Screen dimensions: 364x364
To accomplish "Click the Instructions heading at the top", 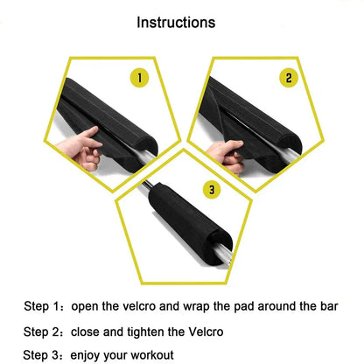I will pos(182,21).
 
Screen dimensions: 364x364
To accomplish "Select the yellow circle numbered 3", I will pos(211,188).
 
